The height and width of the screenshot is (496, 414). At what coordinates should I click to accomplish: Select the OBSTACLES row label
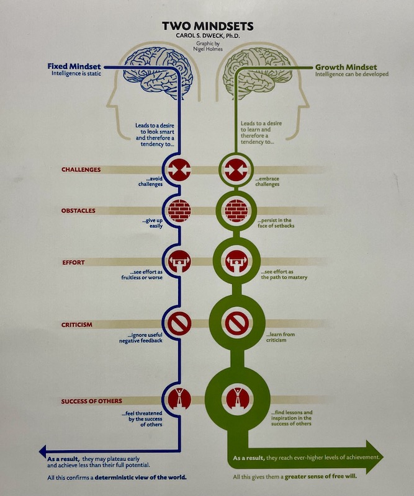pyautogui.click(x=78, y=210)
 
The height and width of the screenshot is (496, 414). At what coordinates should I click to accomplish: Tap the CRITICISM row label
pyautogui.click(x=78, y=324)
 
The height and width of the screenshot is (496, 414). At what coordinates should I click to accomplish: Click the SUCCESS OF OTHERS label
pyautogui.click(x=91, y=401)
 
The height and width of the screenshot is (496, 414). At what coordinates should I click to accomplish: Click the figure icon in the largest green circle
pyautogui.click(x=235, y=399)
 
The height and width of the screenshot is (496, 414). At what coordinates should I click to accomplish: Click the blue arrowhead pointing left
pyautogui.click(x=43, y=451)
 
